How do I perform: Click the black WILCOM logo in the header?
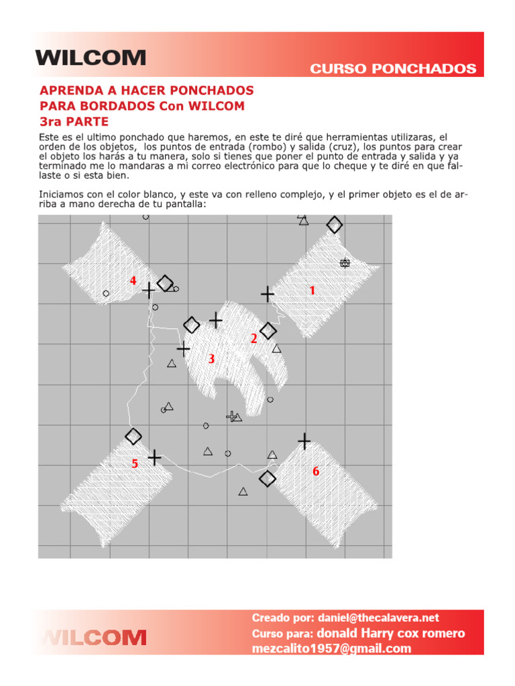pyautogui.click(x=91, y=58)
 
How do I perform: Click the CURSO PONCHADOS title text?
pyautogui.click(x=393, y=69)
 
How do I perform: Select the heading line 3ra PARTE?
pyautogui.click(x=74, y=121)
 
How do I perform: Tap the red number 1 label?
pyautogui.click(x=312, y=290)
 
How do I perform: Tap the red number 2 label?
pyautogui.click(x=253, y=340)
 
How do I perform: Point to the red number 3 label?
pyautogui.click(x=211, y=359)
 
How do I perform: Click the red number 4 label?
pyautogui.click(x=133, y=281)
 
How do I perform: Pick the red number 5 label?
pyautogui.click(x=135, y=464)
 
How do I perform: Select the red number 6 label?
pyautogui.click(x=316, y=472)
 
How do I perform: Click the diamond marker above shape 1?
pyautogui.click(x=334, y=225)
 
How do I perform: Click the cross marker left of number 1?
pyautogui.click(x=268, y=293)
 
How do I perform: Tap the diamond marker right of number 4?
pyautogui.click(x=165, y=283)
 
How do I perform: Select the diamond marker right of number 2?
pyautogui.click(x=268, y=330)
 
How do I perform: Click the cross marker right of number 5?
pyautogui.click(x=155, y=457)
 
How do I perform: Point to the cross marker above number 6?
pyautogui.click(x=304, y=441)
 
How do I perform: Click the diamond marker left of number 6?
pyautogui.click(x=268, y=478)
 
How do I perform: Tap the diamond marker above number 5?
pyautogui.click(x=133, y=436)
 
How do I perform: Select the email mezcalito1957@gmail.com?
pyautogui.click(x=331, y=648)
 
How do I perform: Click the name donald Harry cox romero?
pyautogui.click(x=390, y=633)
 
